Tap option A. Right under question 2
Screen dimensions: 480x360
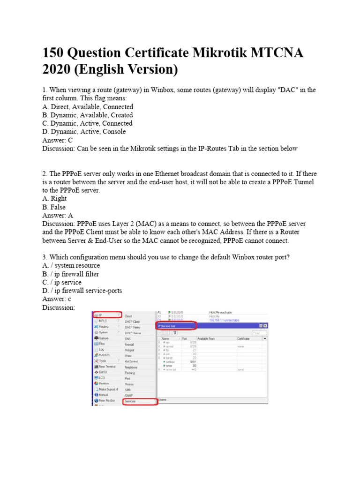(54, 198)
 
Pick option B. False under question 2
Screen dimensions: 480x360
(54, 207)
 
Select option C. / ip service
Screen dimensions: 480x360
(62, 282)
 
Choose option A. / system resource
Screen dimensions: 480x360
(71, 265)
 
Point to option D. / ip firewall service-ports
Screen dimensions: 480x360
(82, 291)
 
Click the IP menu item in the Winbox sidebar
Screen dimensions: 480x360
(101, 315)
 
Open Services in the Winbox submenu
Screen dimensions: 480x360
(130, 402)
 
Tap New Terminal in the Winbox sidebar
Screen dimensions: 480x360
(107, 366)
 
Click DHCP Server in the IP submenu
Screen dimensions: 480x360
(133, 333)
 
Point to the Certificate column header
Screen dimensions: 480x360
(247, 338)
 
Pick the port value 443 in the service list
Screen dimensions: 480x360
(193, 369)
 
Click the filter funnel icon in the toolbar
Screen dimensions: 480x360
(175, 332)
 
